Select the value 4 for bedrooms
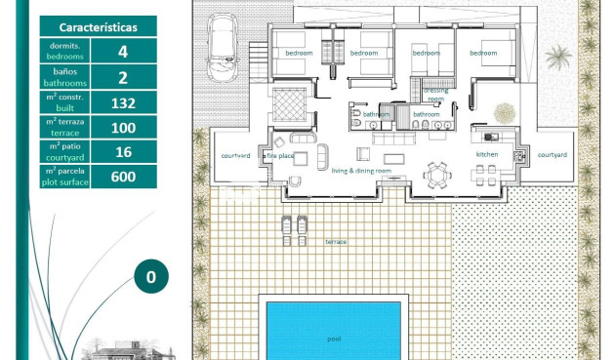tap(123, 52)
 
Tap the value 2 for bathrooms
tap(123, 77)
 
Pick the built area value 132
tap(123, 102)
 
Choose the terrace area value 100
tap(123, 127)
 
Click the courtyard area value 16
tap(123, 152)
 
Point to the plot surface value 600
tap(123, 177)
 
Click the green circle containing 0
tap(150, 276)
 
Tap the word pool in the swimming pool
tap(334, 339)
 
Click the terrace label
tap(336, 241)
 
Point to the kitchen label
tap(487, 155)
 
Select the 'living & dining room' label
tap(361, 171)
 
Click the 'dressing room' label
tap(435, 95)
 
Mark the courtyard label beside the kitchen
tap(553, 155)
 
